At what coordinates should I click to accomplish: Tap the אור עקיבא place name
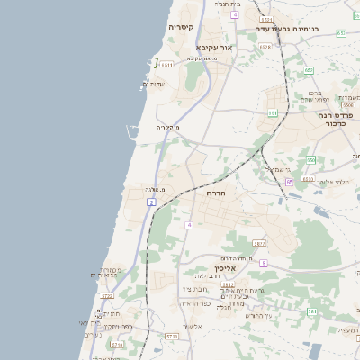[x=214, y=47]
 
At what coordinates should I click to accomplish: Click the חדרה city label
[x=216, y=193]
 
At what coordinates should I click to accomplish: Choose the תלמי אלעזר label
[x=337, y=182]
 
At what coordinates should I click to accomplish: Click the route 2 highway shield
[x=152, y=203]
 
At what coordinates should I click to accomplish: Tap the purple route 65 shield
[x=290, y=182]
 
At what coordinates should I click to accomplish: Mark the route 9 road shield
[x=264, y=263]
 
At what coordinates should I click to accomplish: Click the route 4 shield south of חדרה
[x=188, y=223]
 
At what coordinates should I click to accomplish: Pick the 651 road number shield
[x=341, y=32]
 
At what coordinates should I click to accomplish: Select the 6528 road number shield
[x=265, y=47]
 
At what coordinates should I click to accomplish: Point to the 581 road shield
[x=312, y=311]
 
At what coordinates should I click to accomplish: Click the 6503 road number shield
[x=309, y=179]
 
